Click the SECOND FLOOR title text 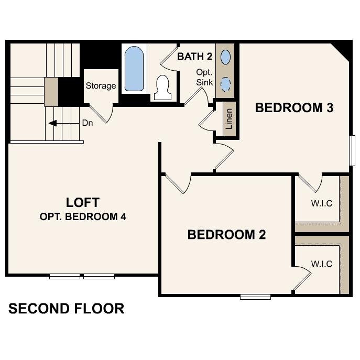click(66, 309)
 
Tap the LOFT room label click(83, 202)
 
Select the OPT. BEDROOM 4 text click(83, 216)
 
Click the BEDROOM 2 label click(226, 235)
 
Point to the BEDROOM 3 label click(294, 108)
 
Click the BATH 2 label click(194, 57)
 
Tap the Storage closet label click(101, 86)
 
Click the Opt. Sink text click(203, 77)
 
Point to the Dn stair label click(88, 124)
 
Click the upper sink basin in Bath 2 click(225, 56)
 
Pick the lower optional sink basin click(225, 84)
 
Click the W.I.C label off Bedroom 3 click(321, 203)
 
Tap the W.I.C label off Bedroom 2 click(321, 264)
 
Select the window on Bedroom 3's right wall click(352, 151)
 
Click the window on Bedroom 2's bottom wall click(255, 297)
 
